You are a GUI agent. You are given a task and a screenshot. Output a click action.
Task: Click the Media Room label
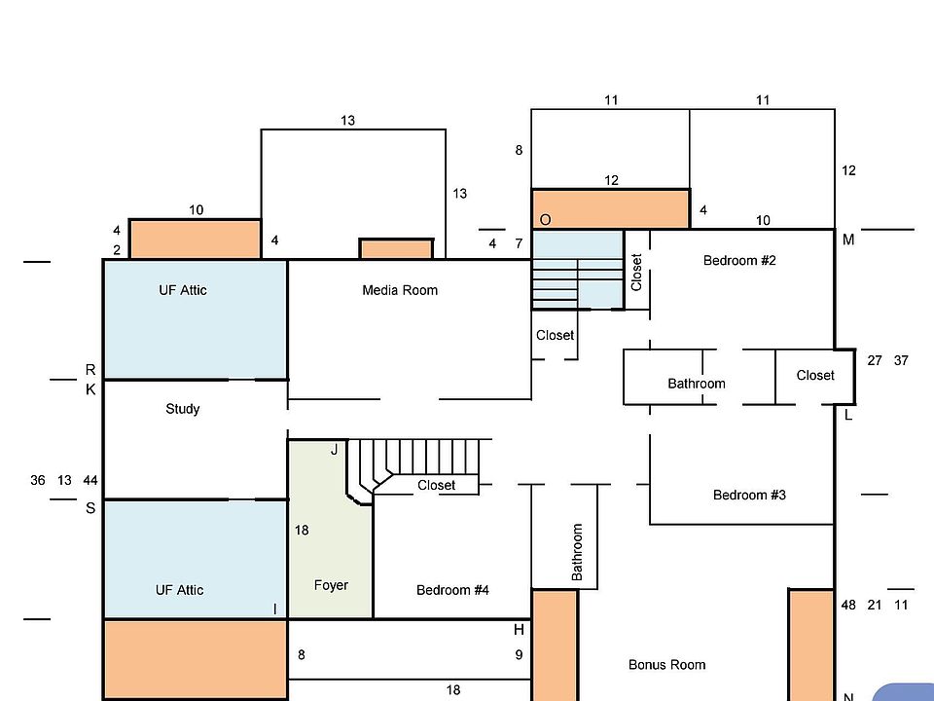[x=400, y=290]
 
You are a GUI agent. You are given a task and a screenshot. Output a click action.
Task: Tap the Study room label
[x=183, y=409]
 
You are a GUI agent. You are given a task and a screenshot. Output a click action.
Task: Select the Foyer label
[x=331, y=585]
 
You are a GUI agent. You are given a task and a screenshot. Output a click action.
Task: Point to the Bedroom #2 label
[x=739, y=261]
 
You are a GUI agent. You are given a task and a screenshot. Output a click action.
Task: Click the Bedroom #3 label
[x=749, y=495]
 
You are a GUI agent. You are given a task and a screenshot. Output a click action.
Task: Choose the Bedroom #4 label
[x=452, y=590]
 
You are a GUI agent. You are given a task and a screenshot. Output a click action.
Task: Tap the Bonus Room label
[x=666, y=665]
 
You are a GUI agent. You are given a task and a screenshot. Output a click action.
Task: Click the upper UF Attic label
[x=183, y=290]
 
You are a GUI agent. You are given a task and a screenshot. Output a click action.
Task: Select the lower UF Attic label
[x=180, y=590]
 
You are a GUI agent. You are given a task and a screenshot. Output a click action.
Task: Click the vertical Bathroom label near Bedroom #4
[x=577, y=553]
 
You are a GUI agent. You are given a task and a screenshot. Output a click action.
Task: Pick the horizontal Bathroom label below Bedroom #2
[x=697, y=384]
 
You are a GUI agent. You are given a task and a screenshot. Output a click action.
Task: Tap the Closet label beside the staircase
[x=436, y=485]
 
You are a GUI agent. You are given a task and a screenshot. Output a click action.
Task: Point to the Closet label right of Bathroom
[x=815, y=375]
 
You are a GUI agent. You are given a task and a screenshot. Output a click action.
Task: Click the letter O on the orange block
[x=546, y=220]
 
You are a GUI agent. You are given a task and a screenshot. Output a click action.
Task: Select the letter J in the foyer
[x=334, y=450]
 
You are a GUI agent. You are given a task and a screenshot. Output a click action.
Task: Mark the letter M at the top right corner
[x=848, y=240]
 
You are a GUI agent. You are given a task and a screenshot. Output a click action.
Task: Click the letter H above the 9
[x=520, y=630]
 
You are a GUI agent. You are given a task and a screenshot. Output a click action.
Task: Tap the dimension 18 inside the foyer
[x=302, y=531]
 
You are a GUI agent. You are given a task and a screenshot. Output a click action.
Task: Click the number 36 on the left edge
[x=38, y=480]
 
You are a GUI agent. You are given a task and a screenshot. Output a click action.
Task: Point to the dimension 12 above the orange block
[x=611, y=180]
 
